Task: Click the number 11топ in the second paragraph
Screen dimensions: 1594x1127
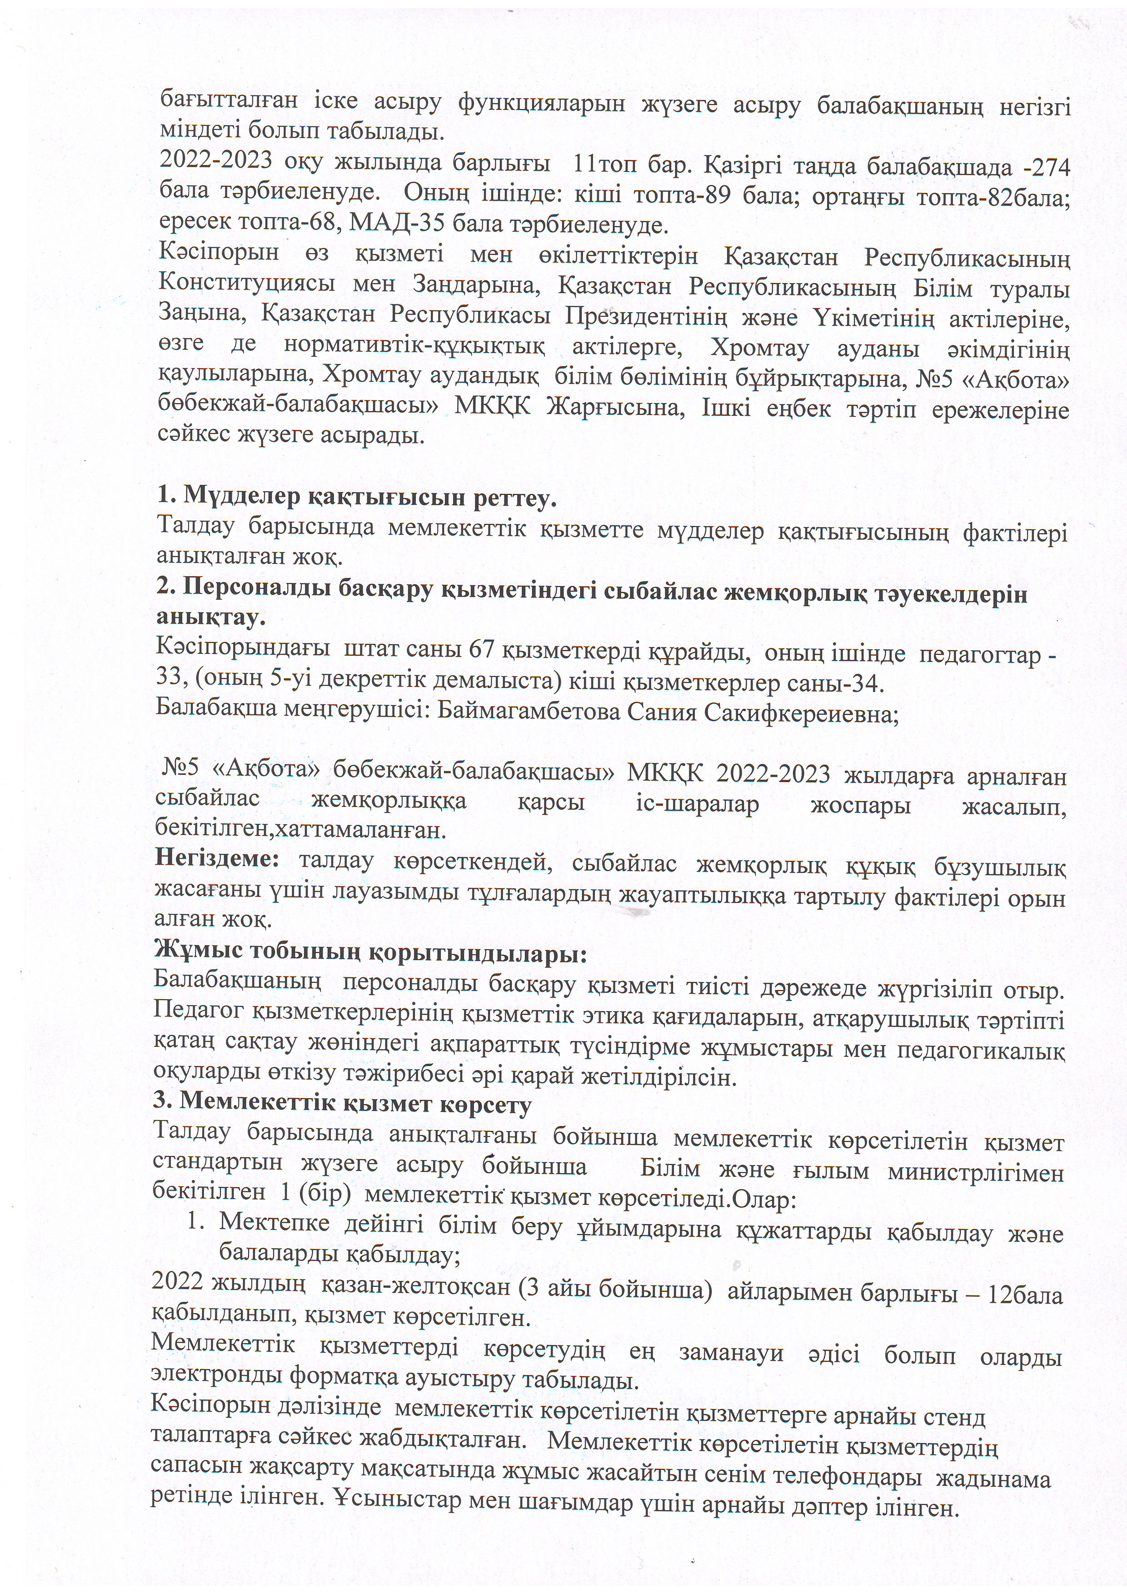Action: [597, 167]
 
